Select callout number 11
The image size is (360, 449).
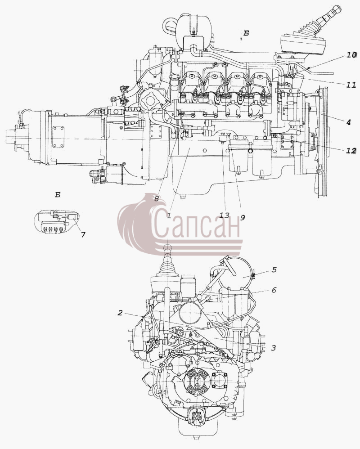pyautogui.click(x=351, y=85)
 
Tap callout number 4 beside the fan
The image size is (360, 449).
pyautogui.click(x=348, y=122)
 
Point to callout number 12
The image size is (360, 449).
pyautogui.click(x=351, y=150)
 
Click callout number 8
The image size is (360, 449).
pyautogui.click(x=156, y=199)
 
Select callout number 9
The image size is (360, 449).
pyautogui.click(x=242, y=218)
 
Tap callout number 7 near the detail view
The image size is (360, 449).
pyautogui.click(x=83, y=235)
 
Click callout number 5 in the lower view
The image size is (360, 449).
pyautogui.click(x=274, y=270)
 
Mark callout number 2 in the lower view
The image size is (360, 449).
pyautogui.click(x=120, y=313)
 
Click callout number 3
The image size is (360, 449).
pyautogui.click(x=273, y=348)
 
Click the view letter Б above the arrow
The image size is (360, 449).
pyautogui.click(x=246, y=33)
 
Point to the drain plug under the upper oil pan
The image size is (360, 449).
pyautogui.click(x=182, y=197)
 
